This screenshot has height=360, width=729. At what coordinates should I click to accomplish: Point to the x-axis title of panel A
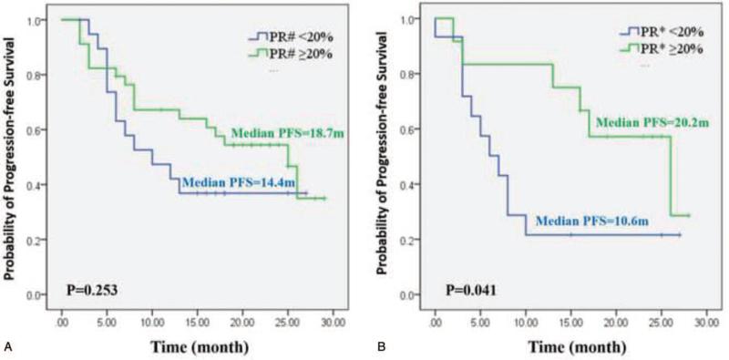tap(200, 347)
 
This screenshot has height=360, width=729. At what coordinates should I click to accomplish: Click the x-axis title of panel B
tap(571, 347)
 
